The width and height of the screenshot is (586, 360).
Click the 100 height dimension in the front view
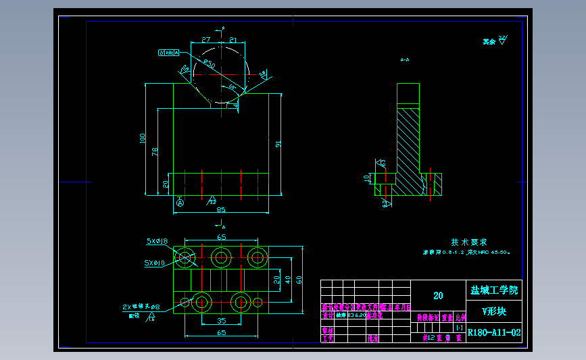click(x=143, y=138)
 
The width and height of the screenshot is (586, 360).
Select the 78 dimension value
click(x=155, y=151)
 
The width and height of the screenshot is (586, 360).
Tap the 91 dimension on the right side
click(x=278, y=143)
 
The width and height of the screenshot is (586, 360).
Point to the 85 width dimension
click(x=220, y=209)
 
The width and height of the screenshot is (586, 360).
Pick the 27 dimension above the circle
click(x=205, y=41)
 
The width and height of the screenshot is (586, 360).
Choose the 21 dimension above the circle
click(x=233, y=41)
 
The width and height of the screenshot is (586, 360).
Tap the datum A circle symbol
click(x=180, y=202)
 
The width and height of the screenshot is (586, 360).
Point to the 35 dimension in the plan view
click(x=221, y=321)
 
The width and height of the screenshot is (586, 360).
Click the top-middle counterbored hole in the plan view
click(x=220, y=257)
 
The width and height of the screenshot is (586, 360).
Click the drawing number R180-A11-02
click(x=493, y=332)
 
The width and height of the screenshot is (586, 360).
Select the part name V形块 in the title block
click(x=493, y=311)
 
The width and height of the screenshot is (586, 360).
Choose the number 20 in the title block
click(x=438, y=295)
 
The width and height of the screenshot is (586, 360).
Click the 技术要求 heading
click(x=469, y=241)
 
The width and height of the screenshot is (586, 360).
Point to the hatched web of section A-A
click(x=408, y=145)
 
